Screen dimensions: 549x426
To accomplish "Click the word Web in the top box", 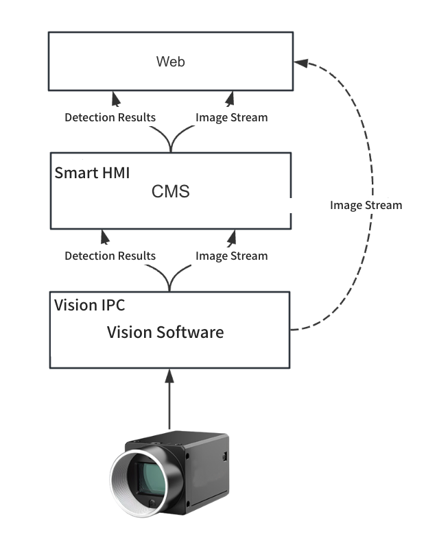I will pyautogui.click(x=171, y=62).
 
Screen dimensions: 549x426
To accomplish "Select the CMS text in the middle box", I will pyautogui.click(x=170, y=192).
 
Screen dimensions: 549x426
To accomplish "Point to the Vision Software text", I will pyautogui.click(x=165, y=332).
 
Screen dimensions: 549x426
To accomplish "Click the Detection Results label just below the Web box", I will pyautogui.click(x=110, y=117).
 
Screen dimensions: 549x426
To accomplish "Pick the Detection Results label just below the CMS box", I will pyautogui.click(x=110, y=256).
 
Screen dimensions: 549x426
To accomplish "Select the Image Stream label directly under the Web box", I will pyautogui.click(x=231, y=117).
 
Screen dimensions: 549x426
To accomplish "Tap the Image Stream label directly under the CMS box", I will pyautogui.click(x=231, y=256).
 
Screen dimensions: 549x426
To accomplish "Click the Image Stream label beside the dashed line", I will pyautogui.click(x=366, y=205).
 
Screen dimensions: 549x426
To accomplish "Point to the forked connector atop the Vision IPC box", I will pyautogui.click(x=169, y=281).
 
